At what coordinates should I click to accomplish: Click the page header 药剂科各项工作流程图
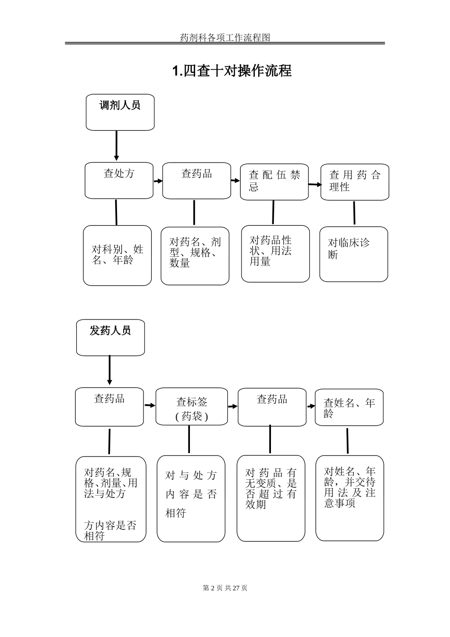pyautogui.click(x=225, y=37)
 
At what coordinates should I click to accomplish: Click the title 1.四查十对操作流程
pyautogui.click(x=232, y=71)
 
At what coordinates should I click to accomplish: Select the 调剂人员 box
pyautogui.click(x=120, y=112)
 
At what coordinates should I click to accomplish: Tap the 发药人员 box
pyautogui.click(x=110, y=337)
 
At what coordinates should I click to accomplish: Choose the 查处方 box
pyautogui.click(x=119, y=181)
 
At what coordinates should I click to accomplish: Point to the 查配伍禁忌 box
pyautogui.click(x=274, y=182)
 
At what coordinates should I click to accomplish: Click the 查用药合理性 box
pyautogui.click(x=355, y=182)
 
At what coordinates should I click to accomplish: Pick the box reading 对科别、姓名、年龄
pyautogui.click(x=117, y=255)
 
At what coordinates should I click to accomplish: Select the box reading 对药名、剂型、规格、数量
pyautogui.click(x=195, y=255)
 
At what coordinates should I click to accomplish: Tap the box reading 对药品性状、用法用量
pyautogui.click(x=275, y=254)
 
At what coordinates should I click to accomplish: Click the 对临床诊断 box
pyautogui.click(x=353, y=254)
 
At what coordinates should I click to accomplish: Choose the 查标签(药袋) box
pyautogui.click(x=192, y=407)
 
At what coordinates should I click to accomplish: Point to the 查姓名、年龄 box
pyautogui.click(x=349, y=407)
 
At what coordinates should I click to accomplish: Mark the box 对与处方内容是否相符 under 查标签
pyautogui.click(x=191, y=499)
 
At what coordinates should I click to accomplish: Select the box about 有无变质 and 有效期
pyautogui.click(x=271, y=498)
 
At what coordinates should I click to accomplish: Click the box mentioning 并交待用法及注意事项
pyautogui.click(x=350, y=498)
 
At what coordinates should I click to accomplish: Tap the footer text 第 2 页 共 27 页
pyautogui.click(x=225, y=588)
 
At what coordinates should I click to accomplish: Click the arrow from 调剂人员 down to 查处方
pyautogui.click(x=117, y=146)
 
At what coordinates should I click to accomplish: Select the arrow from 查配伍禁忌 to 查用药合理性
pyautogui.click(x=315, y=184)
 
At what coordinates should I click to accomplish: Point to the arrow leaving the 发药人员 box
pyautogui.click(x=109, y=370)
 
